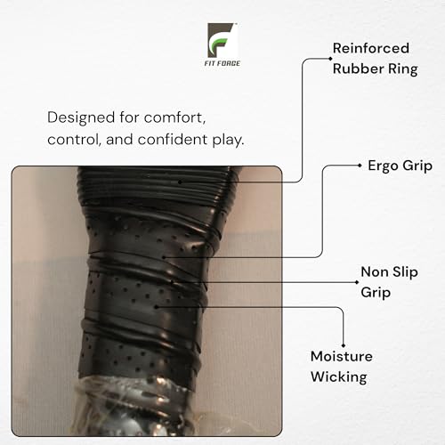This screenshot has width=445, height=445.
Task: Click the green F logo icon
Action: click(x=222, y=40)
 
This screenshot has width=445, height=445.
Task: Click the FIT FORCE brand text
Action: click(x=222, y=63)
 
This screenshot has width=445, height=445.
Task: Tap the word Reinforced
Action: click(x=371, y=48)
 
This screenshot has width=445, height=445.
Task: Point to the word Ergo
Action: click(x=383, y=166)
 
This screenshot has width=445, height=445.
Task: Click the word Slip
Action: click(x=405, y=272)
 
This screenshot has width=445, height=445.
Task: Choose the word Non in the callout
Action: click(x=375, y=272)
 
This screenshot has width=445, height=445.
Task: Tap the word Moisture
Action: click(x=342, y=356)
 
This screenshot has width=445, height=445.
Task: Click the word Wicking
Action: click(x=339, y=377)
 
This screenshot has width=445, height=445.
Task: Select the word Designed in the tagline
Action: click(x=81, y=117)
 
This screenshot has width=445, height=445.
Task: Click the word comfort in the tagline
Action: click(x=174, y=118)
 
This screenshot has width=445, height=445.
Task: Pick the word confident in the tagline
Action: click(x=173, y=140)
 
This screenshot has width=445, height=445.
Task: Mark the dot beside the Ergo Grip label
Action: click(x=360, y=166)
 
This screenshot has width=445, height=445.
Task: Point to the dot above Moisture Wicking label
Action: click(x=344, y=345)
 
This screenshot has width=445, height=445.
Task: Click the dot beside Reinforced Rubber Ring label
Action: click(x=330, y=59)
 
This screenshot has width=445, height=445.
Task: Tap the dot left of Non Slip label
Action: click(x=357, y=282)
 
